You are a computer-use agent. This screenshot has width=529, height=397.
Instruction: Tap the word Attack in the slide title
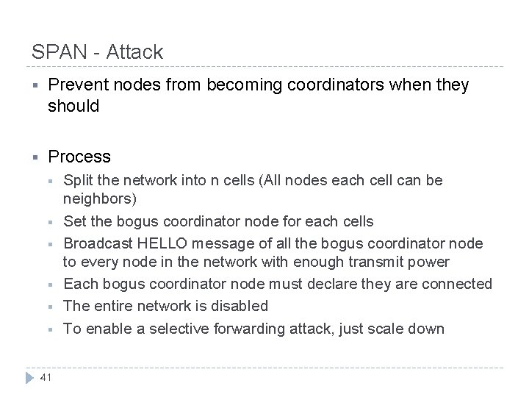(x=135, y=53)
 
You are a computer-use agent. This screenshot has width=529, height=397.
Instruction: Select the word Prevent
(x=76, y=86)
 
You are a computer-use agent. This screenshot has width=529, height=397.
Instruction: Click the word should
(x=73, y=106)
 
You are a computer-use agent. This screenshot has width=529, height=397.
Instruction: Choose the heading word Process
(x=79, y=157)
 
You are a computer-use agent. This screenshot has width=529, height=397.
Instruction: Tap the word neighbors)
(x=98, y=199)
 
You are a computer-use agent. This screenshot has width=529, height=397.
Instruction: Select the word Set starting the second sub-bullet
(x=75, y=221)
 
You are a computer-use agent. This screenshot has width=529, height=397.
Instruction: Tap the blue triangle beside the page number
(x=30, y=378)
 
